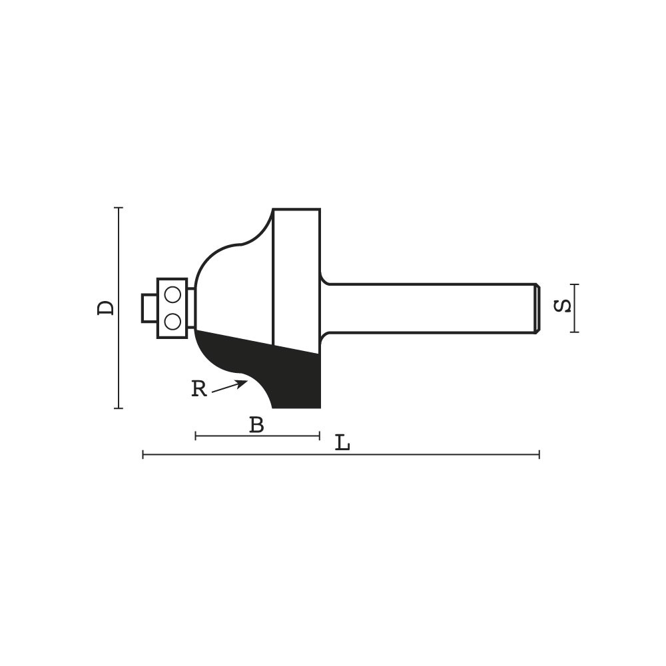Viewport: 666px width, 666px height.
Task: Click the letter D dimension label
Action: click(x=106, y=308)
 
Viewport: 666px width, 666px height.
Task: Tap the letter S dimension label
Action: click(x=563, y=306)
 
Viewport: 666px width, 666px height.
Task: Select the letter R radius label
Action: click(x=198, y=388)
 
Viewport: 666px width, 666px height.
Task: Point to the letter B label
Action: click(x=256, y=424)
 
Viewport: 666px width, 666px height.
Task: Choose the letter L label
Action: click(x=342, y=443)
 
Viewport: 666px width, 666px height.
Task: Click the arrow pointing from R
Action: click(x=229, y=386)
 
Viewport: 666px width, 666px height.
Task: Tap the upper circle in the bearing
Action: click(x=173, y=294)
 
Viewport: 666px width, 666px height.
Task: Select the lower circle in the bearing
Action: click(x=173, y=322)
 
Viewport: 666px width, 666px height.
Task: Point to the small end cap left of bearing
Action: click(x=149, y=308)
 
